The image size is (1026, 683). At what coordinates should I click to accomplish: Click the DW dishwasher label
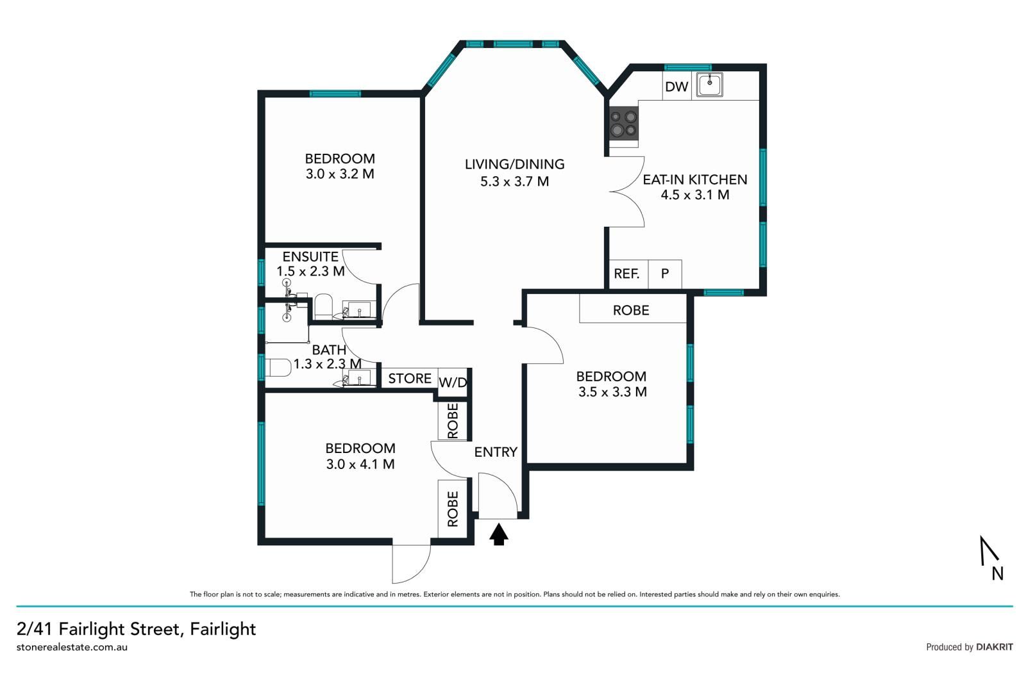[x=676, y=86]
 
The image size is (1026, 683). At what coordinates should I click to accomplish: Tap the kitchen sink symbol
[x=710, y=84]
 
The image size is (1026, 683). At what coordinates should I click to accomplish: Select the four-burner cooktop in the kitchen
[x=623, y=124]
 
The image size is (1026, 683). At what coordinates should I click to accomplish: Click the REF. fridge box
[x=627, y=274]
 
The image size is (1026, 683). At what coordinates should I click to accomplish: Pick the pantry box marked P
[x=665, y=274]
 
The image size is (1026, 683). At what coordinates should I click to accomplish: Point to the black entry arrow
[x=499, y=534]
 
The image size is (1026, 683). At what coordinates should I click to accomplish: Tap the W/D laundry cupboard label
[x=453, y=383]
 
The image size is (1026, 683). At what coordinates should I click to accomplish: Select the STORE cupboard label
[x=410, y=378]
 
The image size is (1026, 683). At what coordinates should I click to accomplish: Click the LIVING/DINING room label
[x=514, y=164]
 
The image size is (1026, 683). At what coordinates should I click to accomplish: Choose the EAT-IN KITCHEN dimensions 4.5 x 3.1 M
[x=695, y=195]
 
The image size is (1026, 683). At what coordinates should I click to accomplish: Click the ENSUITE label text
[x=310, y=256]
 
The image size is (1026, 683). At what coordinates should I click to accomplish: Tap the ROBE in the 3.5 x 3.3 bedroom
[x=631, y=310]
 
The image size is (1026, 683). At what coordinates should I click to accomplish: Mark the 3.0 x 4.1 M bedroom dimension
[x=360, y=464]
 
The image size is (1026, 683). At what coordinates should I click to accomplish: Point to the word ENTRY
[x=496, y=452]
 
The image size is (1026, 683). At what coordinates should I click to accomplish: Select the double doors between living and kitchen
[x=627, y=191]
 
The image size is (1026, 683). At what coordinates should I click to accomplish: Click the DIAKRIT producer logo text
[x=994, y=646]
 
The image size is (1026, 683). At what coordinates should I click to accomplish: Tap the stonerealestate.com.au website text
[x=72, y=646]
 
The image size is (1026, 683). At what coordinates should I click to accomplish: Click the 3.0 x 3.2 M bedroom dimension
[x=340, y=174]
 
